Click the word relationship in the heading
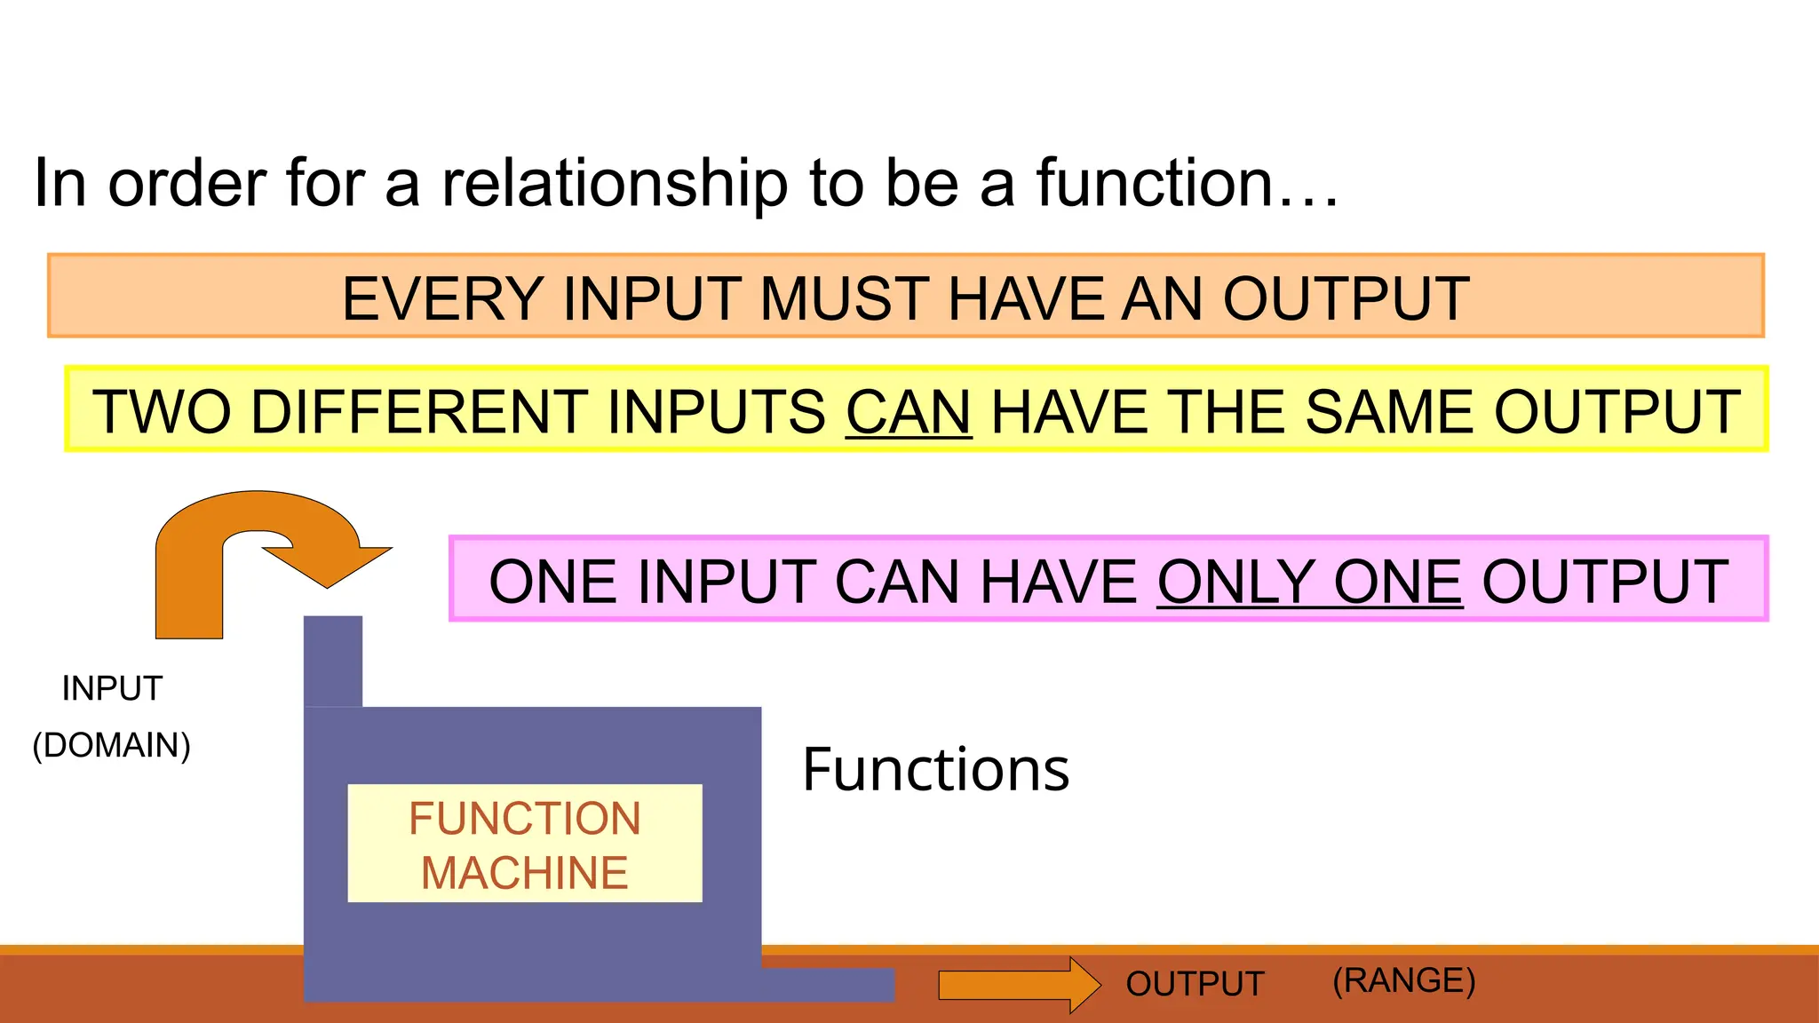coord(615,184)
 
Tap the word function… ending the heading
coord(1186,184)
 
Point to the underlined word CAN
coord(909,412)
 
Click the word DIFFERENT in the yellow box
coord(419,412)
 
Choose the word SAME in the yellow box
coord(1390,412)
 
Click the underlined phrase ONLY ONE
coord(1309,583)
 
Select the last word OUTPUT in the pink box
coord(1605,583)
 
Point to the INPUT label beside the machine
coord(112,688)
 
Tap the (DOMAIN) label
coord(112,745)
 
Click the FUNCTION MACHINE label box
coord(525,844)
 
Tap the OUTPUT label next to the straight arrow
coord(1195,984)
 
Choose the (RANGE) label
coord(1403,980)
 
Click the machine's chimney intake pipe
coord(333,661)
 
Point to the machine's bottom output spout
coord(826,985)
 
